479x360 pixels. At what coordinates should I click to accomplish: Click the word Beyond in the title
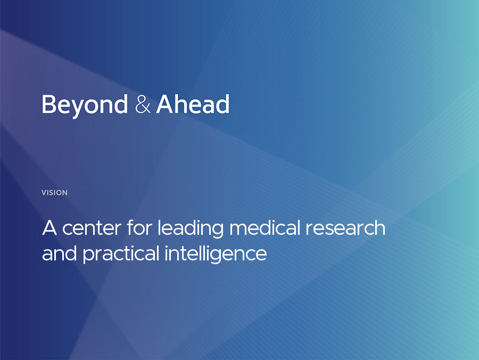point(85,105)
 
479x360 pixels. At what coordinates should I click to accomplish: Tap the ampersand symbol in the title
point(143,104)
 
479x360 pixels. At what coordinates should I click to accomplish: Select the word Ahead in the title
point(193,104)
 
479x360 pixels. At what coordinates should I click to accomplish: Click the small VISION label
point(54,193)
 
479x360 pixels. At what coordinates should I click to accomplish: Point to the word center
point(92,228)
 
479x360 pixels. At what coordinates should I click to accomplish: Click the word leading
point(191,229)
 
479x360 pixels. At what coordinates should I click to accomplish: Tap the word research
point(345,228)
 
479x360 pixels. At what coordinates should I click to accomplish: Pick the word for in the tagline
point(139,228)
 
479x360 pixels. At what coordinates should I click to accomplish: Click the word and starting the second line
point(59,253)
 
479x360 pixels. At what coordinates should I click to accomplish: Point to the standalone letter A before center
point(49,228)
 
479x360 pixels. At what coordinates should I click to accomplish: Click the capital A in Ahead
point(166,104)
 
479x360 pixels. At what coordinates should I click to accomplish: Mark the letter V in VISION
point(44,193)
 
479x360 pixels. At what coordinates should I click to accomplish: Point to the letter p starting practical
point(89,256)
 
